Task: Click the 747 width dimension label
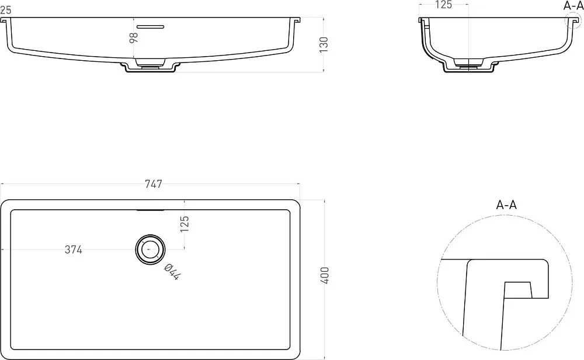pyautogui.click(x=154, y=184)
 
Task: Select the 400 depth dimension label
pyautogui.click(x=325, y=275)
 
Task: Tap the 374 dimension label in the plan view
pyautogui.click(x=74, y=250)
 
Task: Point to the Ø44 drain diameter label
pyautogui.click(x=172, y=271)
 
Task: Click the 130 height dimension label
pyautogui.click(x=324, y=44)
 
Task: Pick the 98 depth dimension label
pyautogui.click(x=133, y=37)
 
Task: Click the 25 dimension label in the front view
pyautogui.click(x=6, y=10)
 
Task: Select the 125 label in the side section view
pyautogui.click(x=443, y=5)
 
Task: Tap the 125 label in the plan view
pyautogui.click(x=185, y=224)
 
